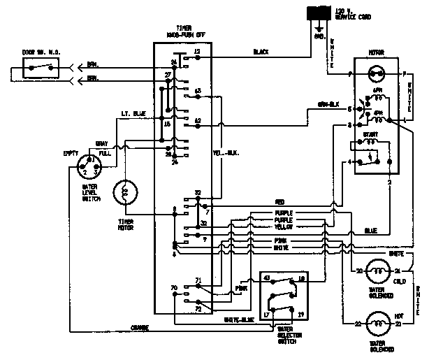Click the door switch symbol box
[x=41, y=68]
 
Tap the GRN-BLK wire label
[x=328, y=105]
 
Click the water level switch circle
[x=90, y=168]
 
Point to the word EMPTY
[x=71, y=152]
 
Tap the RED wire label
[x=279, y=202]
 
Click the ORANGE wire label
[x=139, y=327]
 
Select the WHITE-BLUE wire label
[x=238, y=319]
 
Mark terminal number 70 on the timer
[x=173, y=287]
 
